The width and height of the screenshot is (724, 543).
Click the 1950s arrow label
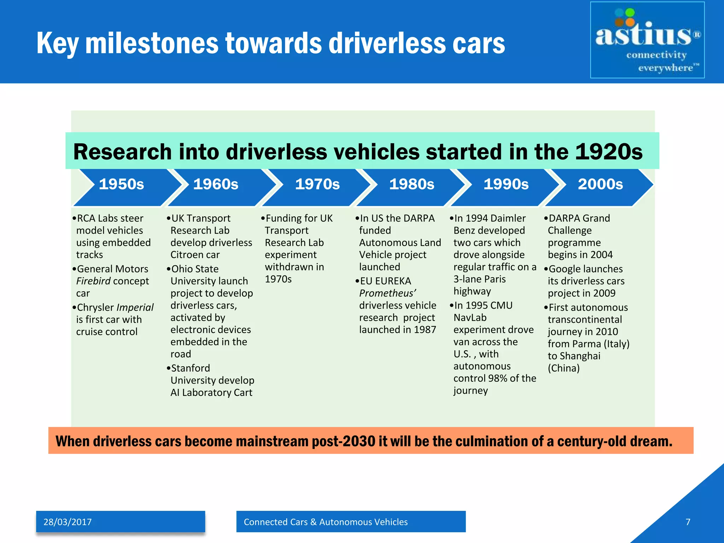tap(121, 184)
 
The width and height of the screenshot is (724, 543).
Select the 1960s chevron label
tap(216, 184)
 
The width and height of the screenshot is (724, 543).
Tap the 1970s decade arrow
tap(317, 184)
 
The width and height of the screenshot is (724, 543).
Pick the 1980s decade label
tap(411, 184)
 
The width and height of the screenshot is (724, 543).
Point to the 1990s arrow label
tap(506, 184)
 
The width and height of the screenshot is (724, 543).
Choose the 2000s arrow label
tap(600, 184)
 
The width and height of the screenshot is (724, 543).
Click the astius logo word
tap(643, 35)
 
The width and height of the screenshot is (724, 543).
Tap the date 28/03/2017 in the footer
tap(68, 522)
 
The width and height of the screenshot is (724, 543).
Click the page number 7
tap(688, 522)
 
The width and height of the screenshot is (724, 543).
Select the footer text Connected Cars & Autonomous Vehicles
tap(326, 522)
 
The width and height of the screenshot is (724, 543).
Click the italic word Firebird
tap(93, 281)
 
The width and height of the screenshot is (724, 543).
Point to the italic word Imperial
tap(135, 308)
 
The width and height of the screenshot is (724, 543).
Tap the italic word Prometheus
tap(387, 293)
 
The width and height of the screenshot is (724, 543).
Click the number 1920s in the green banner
tap(609, 152)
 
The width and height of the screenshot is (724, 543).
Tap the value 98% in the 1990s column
tap(497, 378)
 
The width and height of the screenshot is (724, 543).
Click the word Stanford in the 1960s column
tap(191, 368)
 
